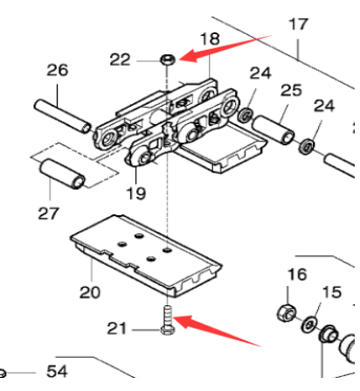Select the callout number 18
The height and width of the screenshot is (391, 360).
(211, 39)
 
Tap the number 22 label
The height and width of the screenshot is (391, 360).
(121, 59)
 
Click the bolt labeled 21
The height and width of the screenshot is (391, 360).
(167, 323)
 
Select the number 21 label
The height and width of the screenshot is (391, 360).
(117, 328)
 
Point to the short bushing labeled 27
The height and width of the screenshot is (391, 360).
(65, 174)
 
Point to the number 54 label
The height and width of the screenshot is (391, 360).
(57, 372)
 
